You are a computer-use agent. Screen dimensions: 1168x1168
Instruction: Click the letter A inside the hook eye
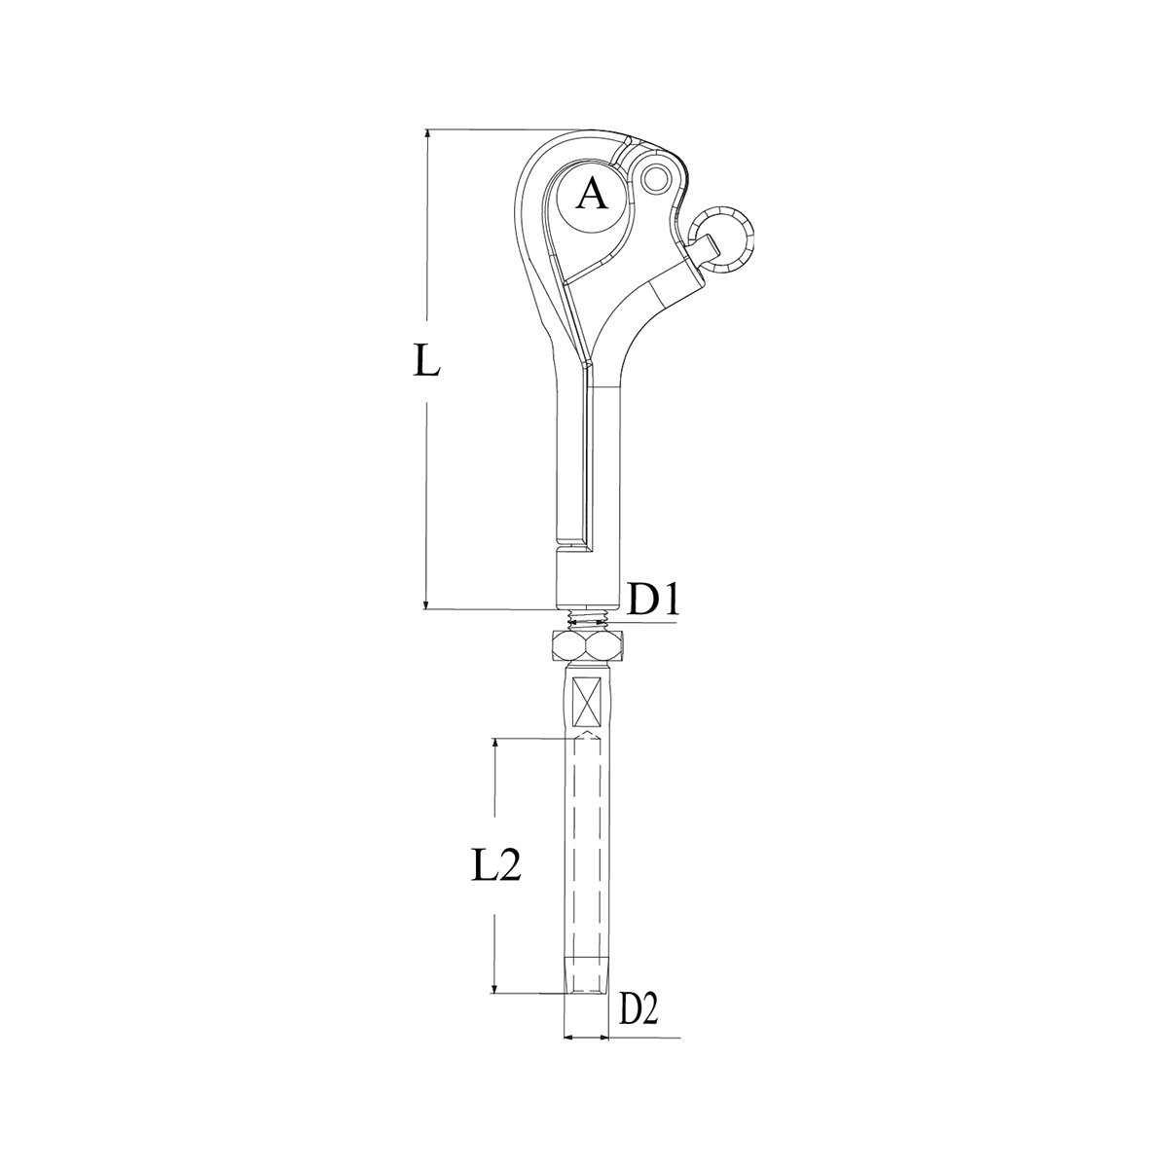pos(591,197)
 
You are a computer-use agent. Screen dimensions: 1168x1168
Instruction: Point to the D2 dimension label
pos(639,1011)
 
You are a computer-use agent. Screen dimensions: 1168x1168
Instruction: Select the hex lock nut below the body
pos(586,645)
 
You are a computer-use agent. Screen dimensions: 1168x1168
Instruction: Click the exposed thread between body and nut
pos(586,620)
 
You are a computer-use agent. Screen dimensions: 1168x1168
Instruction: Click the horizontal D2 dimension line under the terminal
pos(585,1039)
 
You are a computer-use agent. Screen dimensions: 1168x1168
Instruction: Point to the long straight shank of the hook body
pos(587,457)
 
